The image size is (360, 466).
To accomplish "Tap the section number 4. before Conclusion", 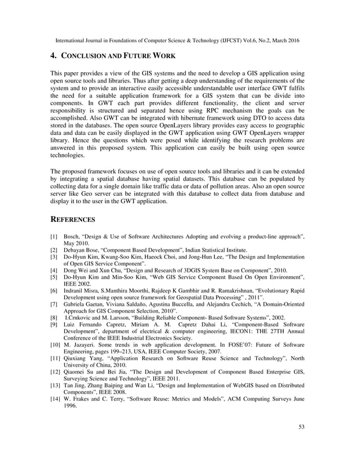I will click(55, 56).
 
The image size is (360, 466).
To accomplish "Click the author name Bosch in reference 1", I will click(72, 236).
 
